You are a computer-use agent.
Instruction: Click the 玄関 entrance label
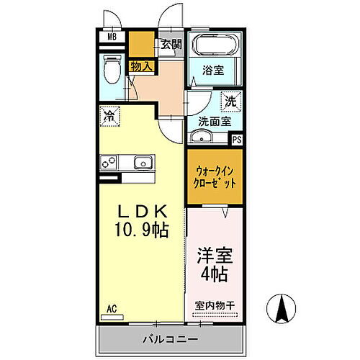[x=171, y=44]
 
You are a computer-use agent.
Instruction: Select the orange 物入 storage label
[x=141, y=66]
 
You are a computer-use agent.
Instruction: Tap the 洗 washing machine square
[x=232, y=102]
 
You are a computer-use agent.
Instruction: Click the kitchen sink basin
[x=145, y=163]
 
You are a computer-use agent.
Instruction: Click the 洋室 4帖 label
[x=215, y=264]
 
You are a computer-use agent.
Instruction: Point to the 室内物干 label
[x=215, y=305]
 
